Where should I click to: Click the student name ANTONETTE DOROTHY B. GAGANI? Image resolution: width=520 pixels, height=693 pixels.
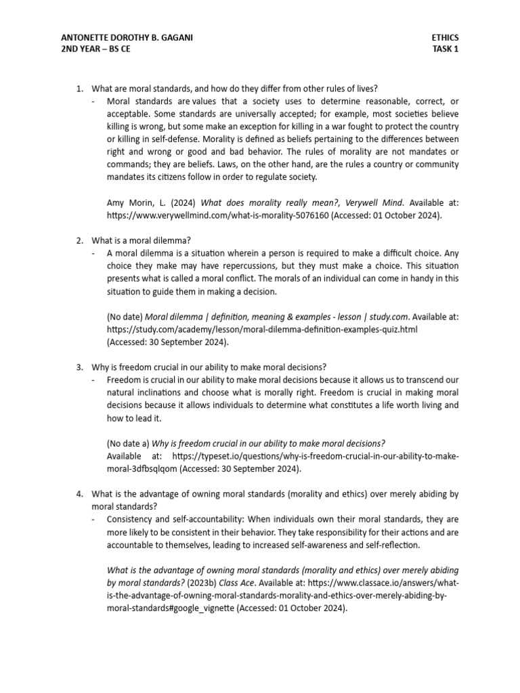127,38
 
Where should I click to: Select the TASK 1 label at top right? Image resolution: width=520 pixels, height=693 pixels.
446,49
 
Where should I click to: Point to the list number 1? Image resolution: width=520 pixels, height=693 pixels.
79,89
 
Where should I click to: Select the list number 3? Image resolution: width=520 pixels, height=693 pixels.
79,367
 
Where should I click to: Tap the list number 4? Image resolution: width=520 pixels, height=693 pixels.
79,494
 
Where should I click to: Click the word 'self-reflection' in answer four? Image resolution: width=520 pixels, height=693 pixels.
388,544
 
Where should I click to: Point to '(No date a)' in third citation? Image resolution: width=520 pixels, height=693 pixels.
127,443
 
